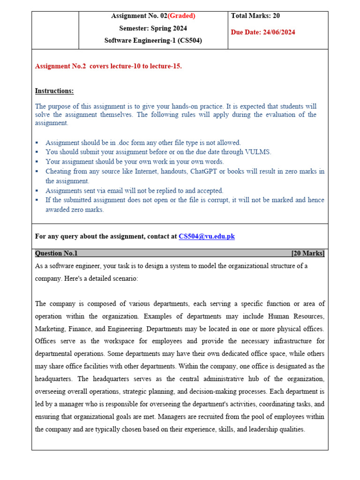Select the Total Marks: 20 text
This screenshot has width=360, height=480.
click(255, 16)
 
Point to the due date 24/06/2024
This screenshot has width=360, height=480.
click(280, 32)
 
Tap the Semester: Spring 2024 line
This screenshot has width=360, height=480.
click(153, 29)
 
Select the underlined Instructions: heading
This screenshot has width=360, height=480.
click(54, 91)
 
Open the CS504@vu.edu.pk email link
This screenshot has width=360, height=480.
click(206, 237)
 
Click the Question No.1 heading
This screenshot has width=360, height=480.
click(56, 254)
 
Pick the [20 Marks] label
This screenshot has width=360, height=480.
click(307, 254)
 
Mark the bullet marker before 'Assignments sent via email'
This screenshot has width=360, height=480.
click(37, 191)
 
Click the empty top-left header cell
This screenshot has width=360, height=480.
click(55, 30)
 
